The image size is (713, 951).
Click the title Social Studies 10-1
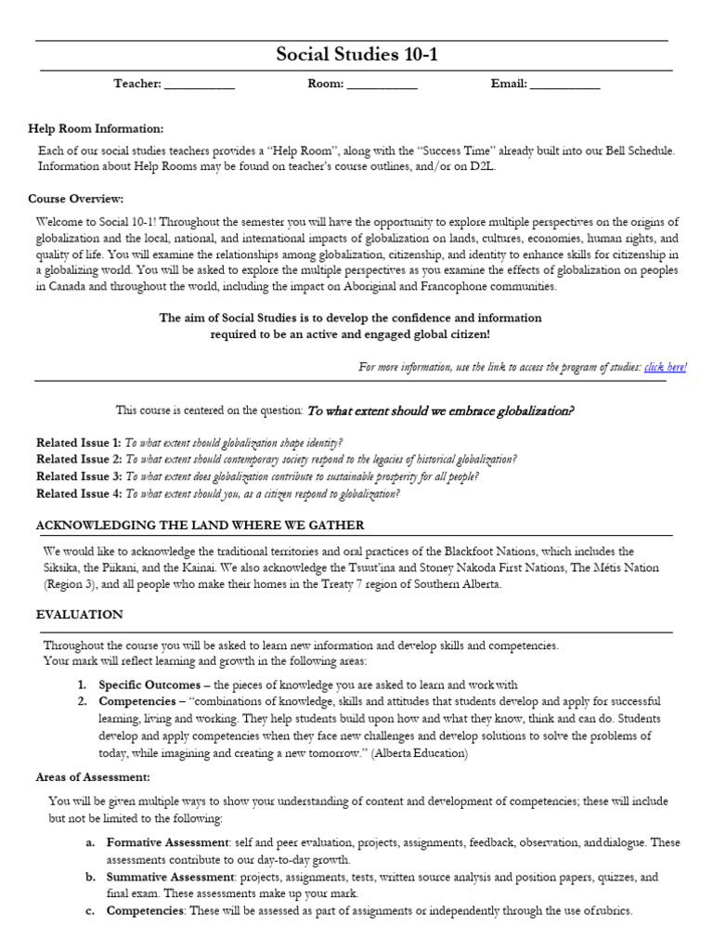[x=356, y=56]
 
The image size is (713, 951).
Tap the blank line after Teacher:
[x=201, y=85]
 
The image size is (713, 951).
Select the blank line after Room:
[x=382, y=85]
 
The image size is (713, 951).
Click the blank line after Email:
[x=565, y=85]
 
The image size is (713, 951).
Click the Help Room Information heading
[x=96, y=128]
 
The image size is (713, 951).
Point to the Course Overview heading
[x=75, y=199]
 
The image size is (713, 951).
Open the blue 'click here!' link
[x=666, y=367]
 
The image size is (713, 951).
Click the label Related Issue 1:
[x=78, y=443]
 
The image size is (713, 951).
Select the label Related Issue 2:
[x=78, y=460]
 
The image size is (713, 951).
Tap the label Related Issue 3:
[x=78, y=476]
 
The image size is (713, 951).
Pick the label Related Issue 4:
[x=78, y=494]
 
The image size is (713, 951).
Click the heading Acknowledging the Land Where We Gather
[x=200, y=526]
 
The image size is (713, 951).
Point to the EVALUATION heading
[x=79, y=615]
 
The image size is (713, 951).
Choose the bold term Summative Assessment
[x=169, y=877]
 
